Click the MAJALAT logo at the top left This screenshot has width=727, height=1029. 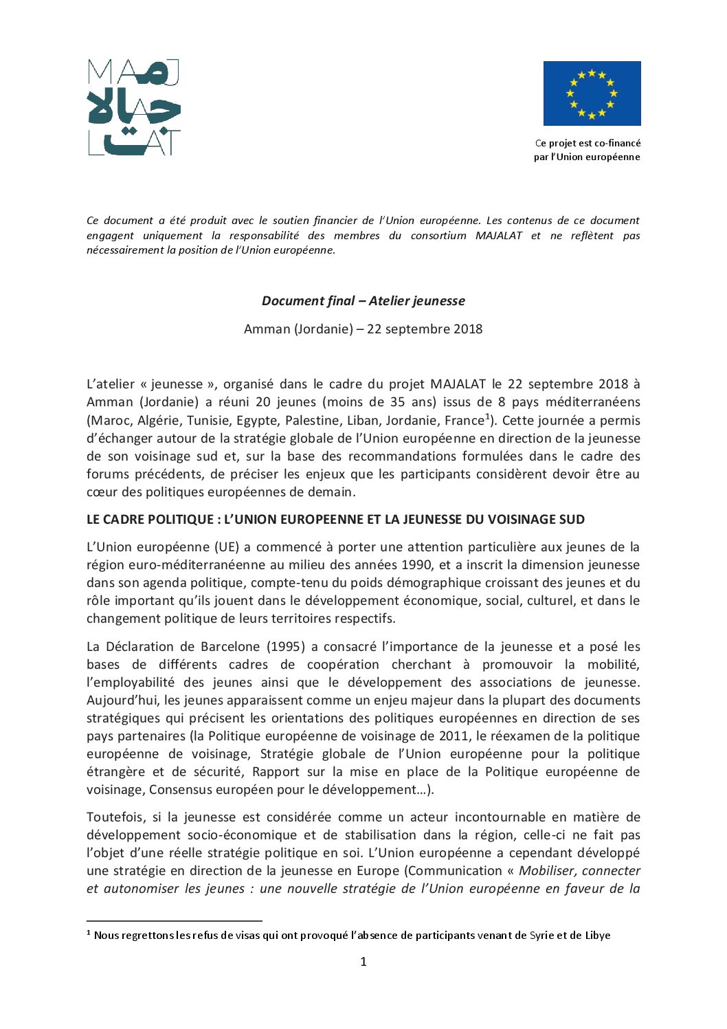pos(134,107)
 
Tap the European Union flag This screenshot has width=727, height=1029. pos(592,93)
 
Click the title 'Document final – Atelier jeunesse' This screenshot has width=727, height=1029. pos(363,301)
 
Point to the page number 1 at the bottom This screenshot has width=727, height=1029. pos(363,962)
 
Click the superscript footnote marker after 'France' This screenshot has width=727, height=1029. pos(487,416)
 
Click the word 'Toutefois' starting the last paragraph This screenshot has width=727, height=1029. pos(114,817)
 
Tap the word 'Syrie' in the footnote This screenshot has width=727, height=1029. pos(541,936)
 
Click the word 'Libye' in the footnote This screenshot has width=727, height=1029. pos(598,936)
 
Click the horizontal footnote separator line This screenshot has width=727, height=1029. pos(175,920)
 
